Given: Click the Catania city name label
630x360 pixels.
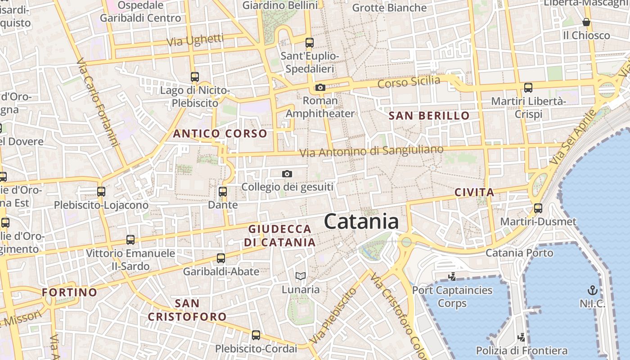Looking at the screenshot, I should pos(361,222).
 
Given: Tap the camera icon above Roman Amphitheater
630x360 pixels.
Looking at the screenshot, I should pos(320,87).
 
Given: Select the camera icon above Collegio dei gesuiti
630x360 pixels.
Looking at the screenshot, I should pos(287,174).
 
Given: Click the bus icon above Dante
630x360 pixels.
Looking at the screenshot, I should pos(222,192).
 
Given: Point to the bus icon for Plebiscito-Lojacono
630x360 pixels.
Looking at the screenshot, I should pos(101,192).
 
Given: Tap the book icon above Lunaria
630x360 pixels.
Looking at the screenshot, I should pos(300,276).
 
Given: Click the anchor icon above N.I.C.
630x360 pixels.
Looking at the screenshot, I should pos(592,290).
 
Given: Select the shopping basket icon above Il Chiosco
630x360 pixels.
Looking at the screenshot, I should pos(586,22).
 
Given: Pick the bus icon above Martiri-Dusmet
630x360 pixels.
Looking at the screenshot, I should pos(538,208).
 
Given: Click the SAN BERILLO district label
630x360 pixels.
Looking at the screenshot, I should pos(429,116).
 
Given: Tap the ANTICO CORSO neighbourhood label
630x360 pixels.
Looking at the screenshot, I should pos(220,134).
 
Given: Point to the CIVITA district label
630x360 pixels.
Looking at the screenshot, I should pos(474,193).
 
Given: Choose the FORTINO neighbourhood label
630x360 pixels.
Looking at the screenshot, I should pos(69,292).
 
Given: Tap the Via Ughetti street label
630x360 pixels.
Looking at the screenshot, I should pos(195,40).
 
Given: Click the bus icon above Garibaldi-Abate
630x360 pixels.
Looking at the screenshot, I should pos(220,258).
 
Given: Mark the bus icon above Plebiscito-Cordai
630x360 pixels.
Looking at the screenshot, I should pos(256,335).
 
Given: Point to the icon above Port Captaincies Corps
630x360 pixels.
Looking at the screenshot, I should pos(452,277).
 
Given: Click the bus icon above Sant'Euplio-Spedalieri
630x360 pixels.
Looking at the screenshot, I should pos(309,43).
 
